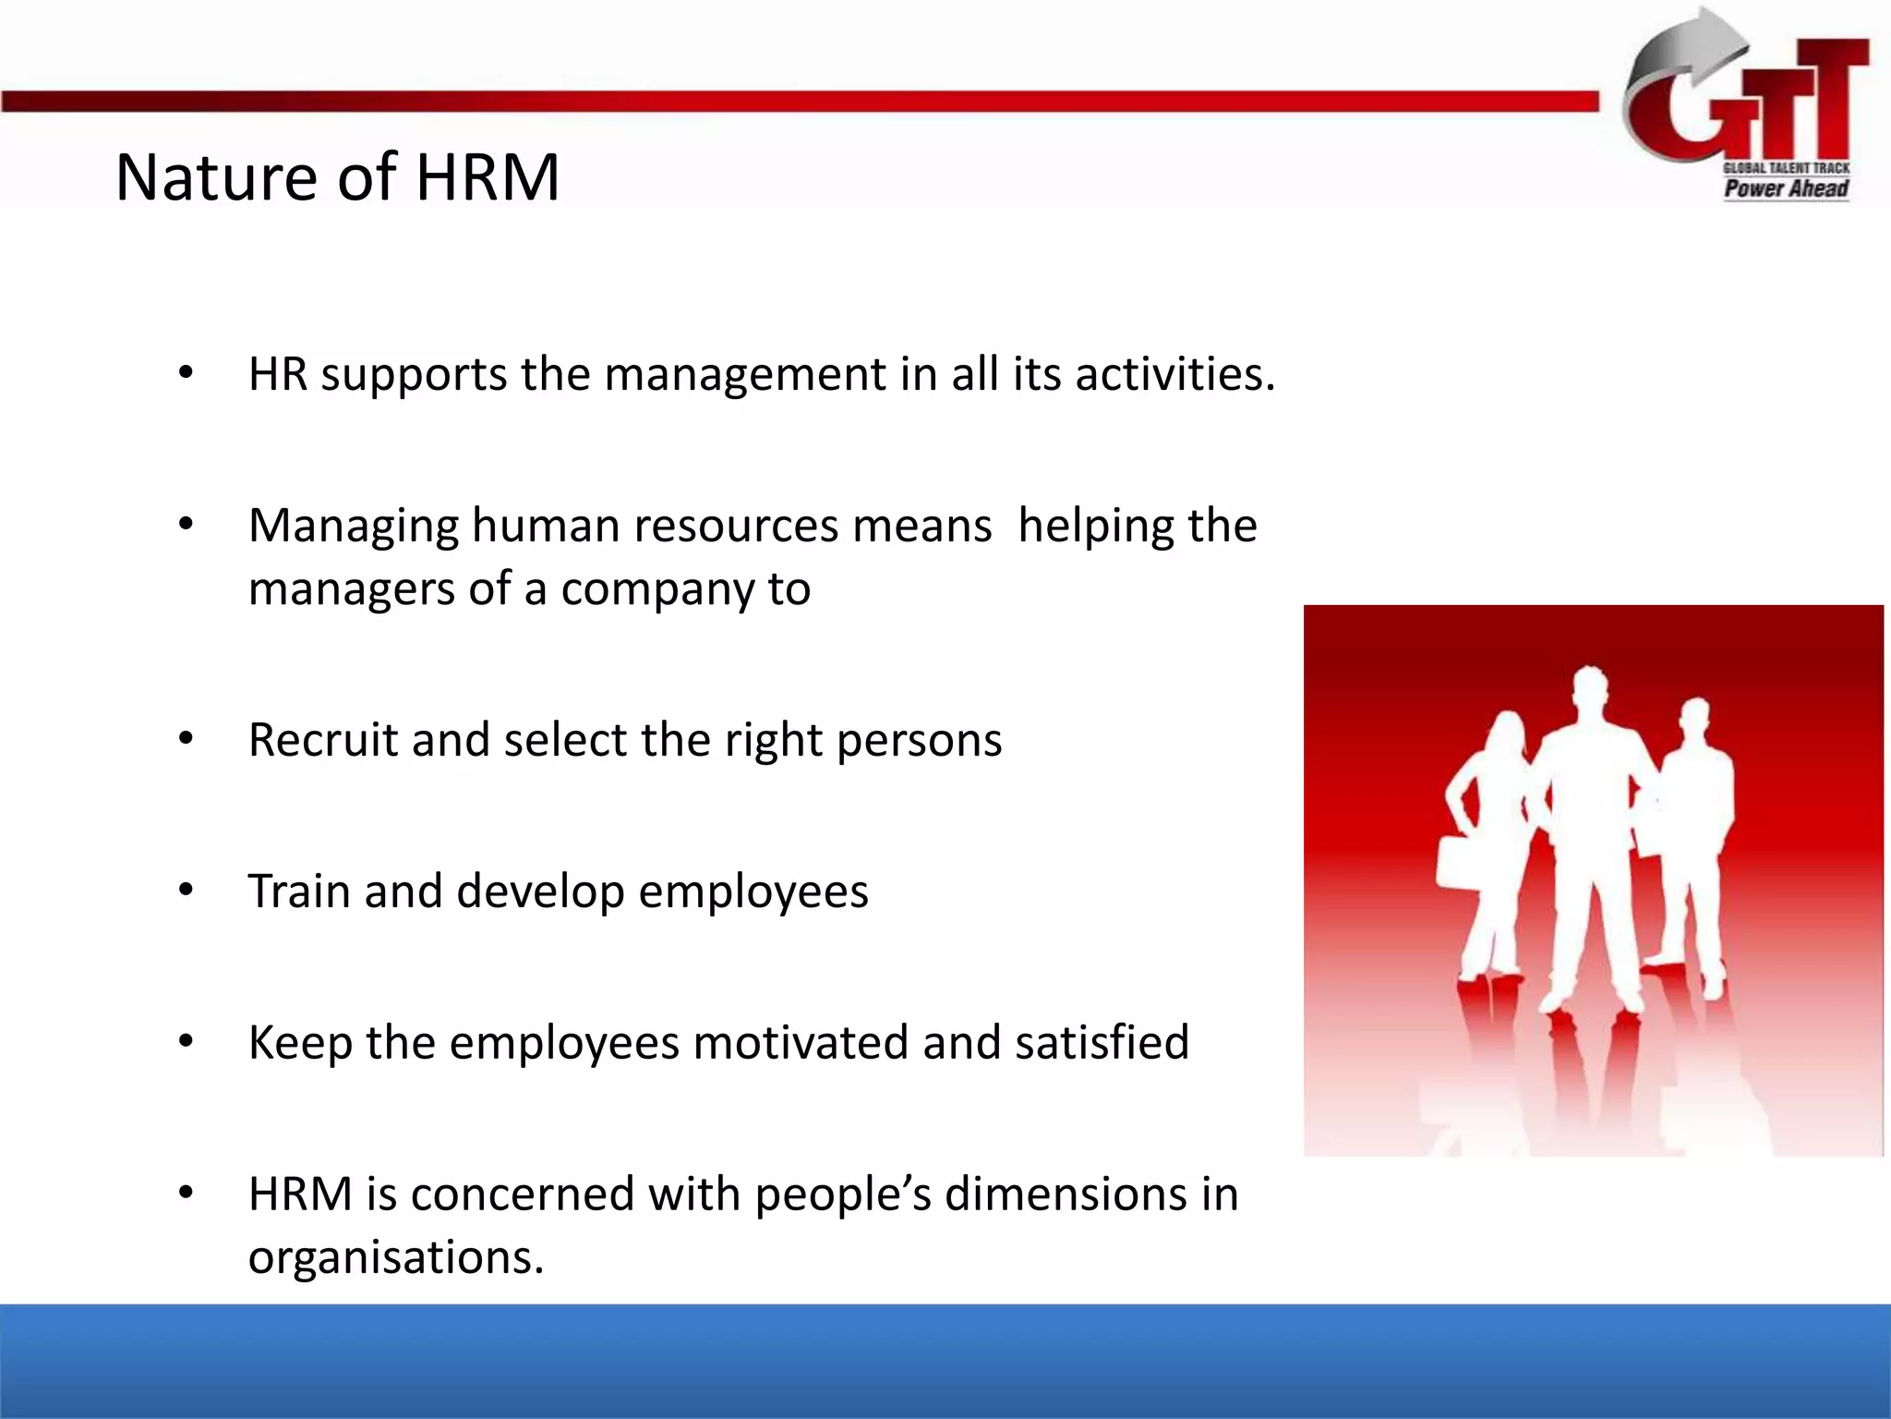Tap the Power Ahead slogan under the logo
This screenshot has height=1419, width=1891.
tap(1786, 188)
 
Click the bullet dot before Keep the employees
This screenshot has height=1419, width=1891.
tap(187, 1042)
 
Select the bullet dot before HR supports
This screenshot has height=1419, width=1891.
tap(187, 374)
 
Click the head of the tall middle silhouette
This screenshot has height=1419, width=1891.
tap(1591, 689)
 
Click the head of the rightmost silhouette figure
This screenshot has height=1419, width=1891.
tap(1695, 720)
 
